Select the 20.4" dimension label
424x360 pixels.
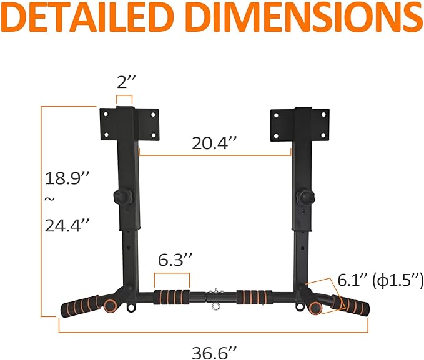(215, 143)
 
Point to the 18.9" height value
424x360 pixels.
(67, 178)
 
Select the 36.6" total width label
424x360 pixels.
(214, 352)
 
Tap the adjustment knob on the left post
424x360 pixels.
(121, 197)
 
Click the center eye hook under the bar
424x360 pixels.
(214, 306)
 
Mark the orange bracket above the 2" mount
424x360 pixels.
(124, 99)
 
